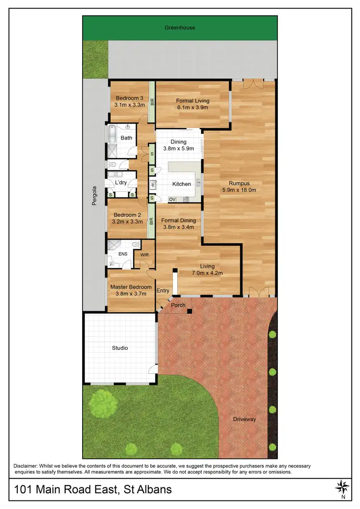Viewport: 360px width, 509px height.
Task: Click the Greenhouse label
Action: point(180,28)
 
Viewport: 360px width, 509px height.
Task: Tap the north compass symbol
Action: point(343,488)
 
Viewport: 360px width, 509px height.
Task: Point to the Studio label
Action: point(120,348)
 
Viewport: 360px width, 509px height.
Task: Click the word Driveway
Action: point(245,419)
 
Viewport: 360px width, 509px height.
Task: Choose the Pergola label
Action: point(95,196)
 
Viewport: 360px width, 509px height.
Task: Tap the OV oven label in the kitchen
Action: point(172,199)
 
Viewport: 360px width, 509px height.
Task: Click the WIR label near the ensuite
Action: point(144,255)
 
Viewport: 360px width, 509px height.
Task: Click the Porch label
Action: point(178,305)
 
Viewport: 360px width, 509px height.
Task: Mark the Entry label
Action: point(163,290)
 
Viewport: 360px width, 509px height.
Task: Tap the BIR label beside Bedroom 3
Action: point(152,102)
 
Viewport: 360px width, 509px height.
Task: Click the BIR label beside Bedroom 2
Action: point(151,221)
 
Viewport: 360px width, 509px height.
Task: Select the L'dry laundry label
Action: point(120,183)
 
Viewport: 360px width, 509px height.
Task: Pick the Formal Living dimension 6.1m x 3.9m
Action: point(192,108)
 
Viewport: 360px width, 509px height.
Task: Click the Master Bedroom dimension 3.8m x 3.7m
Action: point(131,294)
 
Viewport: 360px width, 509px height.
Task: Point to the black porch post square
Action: point(190,311)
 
